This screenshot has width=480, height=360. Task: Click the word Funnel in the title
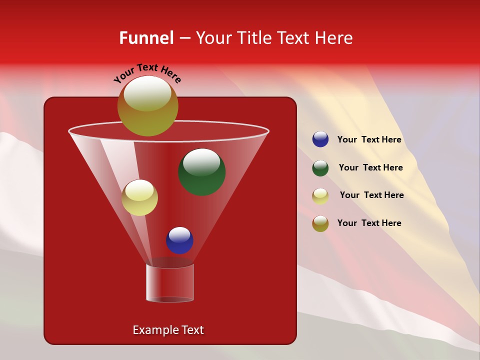click(146, 38)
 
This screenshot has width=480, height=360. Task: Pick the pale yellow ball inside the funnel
click(140, 198)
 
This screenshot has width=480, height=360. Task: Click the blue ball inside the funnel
click(179, 240)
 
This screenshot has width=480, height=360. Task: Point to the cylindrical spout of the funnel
click(169, 283)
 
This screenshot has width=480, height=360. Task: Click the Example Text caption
click(168, 330)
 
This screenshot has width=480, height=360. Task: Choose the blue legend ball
click(320, 139)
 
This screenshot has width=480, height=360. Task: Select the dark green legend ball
click(320, 168)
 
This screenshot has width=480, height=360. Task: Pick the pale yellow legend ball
click(320, 196)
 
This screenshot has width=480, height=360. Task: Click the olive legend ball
click(320, 223)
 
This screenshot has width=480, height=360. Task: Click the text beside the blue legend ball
click(369, 140)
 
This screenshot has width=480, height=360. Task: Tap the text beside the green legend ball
click(370, 168)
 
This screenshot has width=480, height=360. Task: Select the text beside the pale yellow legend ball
click(371, 195)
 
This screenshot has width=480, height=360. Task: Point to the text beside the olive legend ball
click(369, 223)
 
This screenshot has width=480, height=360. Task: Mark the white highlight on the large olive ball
click(147, 93)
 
